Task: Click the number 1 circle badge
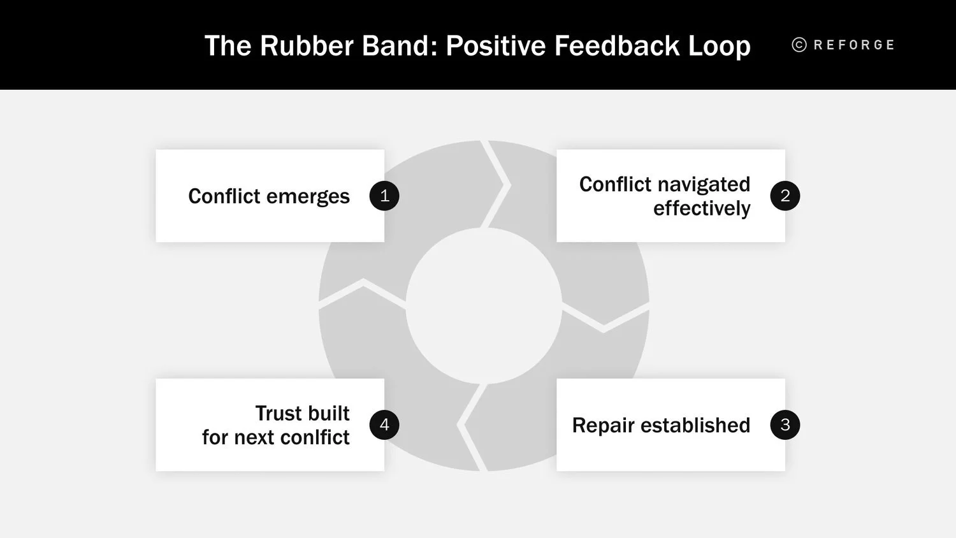(384, 196)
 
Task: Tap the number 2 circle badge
(785, 196)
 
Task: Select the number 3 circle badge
(785, 425)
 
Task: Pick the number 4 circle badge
(384, 425)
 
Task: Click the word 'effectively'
(702, 208)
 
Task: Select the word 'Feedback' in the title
(616, 46)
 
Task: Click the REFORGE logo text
(854, 45)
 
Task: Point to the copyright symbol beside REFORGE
(799, 45)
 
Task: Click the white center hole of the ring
(484, 306)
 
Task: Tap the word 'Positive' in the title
(496, 46)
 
